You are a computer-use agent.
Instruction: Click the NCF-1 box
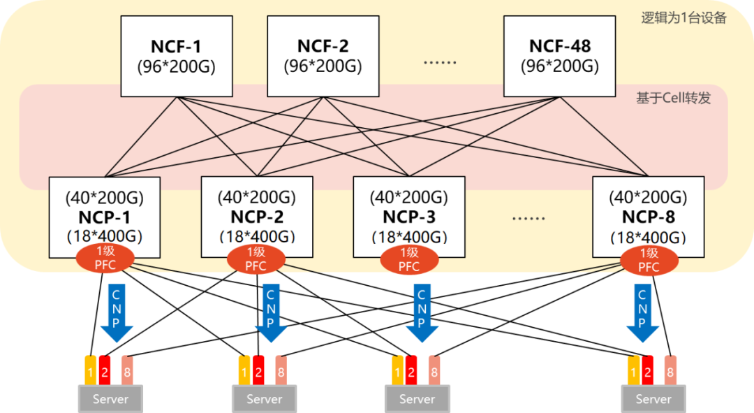click(176, 56)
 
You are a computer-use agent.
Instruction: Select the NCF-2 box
click(323, 56)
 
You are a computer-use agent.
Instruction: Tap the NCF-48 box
click(560, 56)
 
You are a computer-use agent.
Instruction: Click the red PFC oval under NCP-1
click(105, 259)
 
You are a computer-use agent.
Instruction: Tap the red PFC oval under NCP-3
click(409, 259)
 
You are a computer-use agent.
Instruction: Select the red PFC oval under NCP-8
click(649, 259)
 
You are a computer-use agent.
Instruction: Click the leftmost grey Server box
click(110, 399)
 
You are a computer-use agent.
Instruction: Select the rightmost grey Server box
click(654, 399)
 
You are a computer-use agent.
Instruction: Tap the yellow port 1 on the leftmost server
click(90, 370)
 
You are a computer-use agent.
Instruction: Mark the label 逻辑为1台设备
click(684, 18)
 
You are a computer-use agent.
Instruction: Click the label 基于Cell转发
click(673, 98)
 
